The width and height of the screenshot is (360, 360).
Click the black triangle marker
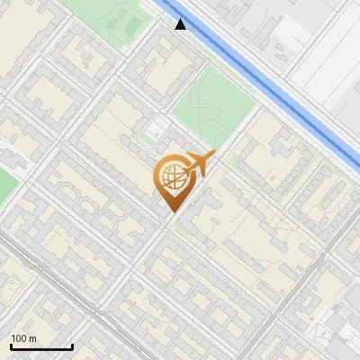click(181, 24)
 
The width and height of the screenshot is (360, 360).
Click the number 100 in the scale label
click(19, 338)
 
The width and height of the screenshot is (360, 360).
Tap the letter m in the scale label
click(32, 338)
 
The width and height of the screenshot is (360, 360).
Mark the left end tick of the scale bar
click(10, 346)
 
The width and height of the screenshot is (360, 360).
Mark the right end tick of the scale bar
click(72, 346)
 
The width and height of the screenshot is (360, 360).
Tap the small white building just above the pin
click(160, 125)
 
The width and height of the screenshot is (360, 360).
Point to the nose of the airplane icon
click(214, 154)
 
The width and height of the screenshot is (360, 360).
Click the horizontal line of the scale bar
click(40, 347)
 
